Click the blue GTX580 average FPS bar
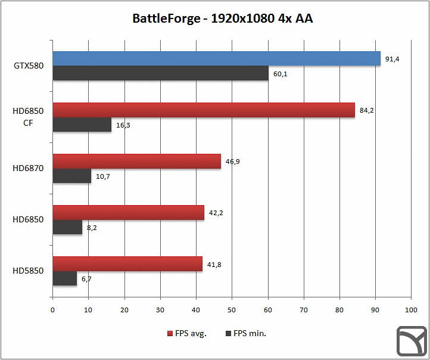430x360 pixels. (x=216, y=58)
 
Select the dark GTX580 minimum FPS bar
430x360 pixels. (x=160, y=73)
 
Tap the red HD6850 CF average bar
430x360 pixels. (x=204, y=110)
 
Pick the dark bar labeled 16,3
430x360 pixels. (x=82, y=125)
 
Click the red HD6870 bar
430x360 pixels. (x=136, y=161)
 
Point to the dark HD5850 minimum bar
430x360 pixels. (x=64, y=278)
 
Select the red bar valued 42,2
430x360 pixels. (x=128, y=212)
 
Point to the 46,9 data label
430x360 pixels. (x=232, y=162)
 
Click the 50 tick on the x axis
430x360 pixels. (x=232, y=310)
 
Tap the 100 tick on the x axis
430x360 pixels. (x=410, y=310)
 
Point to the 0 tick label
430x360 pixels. (x=53, y=310)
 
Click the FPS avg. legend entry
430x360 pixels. (x=186, y=333)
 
